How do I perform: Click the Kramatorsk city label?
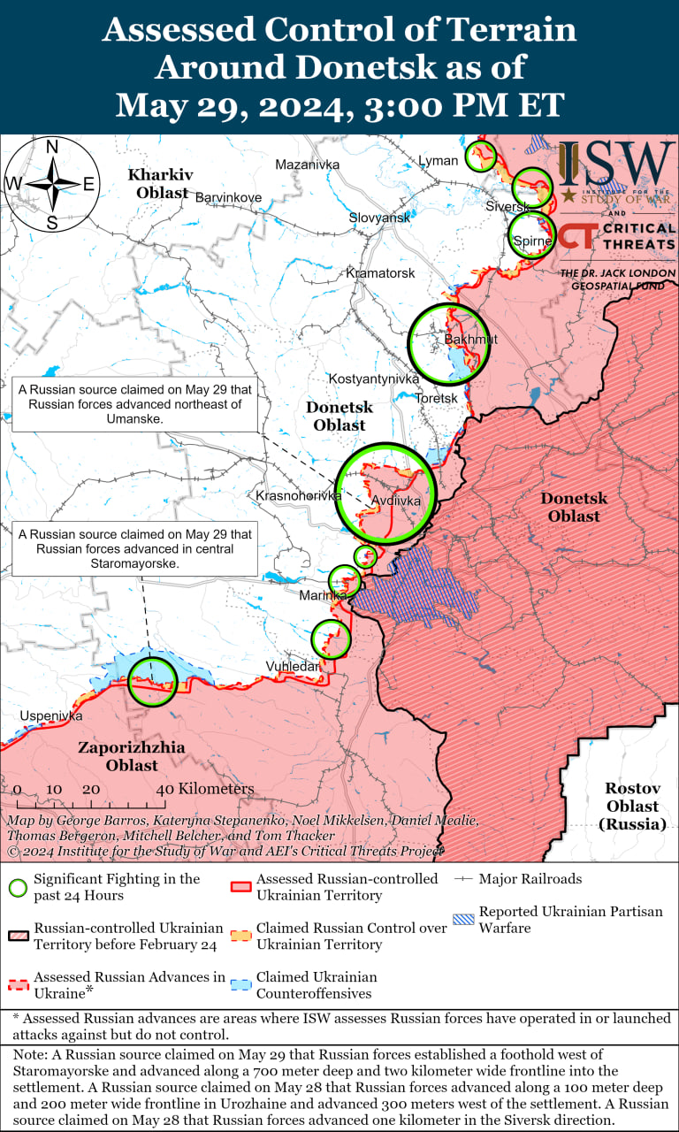(380, 273)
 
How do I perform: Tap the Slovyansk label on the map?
(378, 218)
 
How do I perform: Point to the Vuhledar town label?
(293, 666)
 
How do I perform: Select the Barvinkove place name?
(228, 197)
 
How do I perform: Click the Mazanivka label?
(307, 164)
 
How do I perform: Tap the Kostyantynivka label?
(374, 379)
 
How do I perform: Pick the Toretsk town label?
(437, 399)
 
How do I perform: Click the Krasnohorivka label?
(298, 496)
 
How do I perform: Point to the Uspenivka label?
(50, 715)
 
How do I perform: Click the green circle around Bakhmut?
(448, 343)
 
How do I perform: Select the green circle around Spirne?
(532, 235)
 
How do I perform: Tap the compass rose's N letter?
(52, 147)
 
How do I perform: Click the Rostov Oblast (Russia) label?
(632, 806)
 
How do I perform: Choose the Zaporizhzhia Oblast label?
(132, 756)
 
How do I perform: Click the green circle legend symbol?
(18, 887)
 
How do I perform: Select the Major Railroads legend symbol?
(463, 879)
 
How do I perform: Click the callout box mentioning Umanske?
(134, 403)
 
